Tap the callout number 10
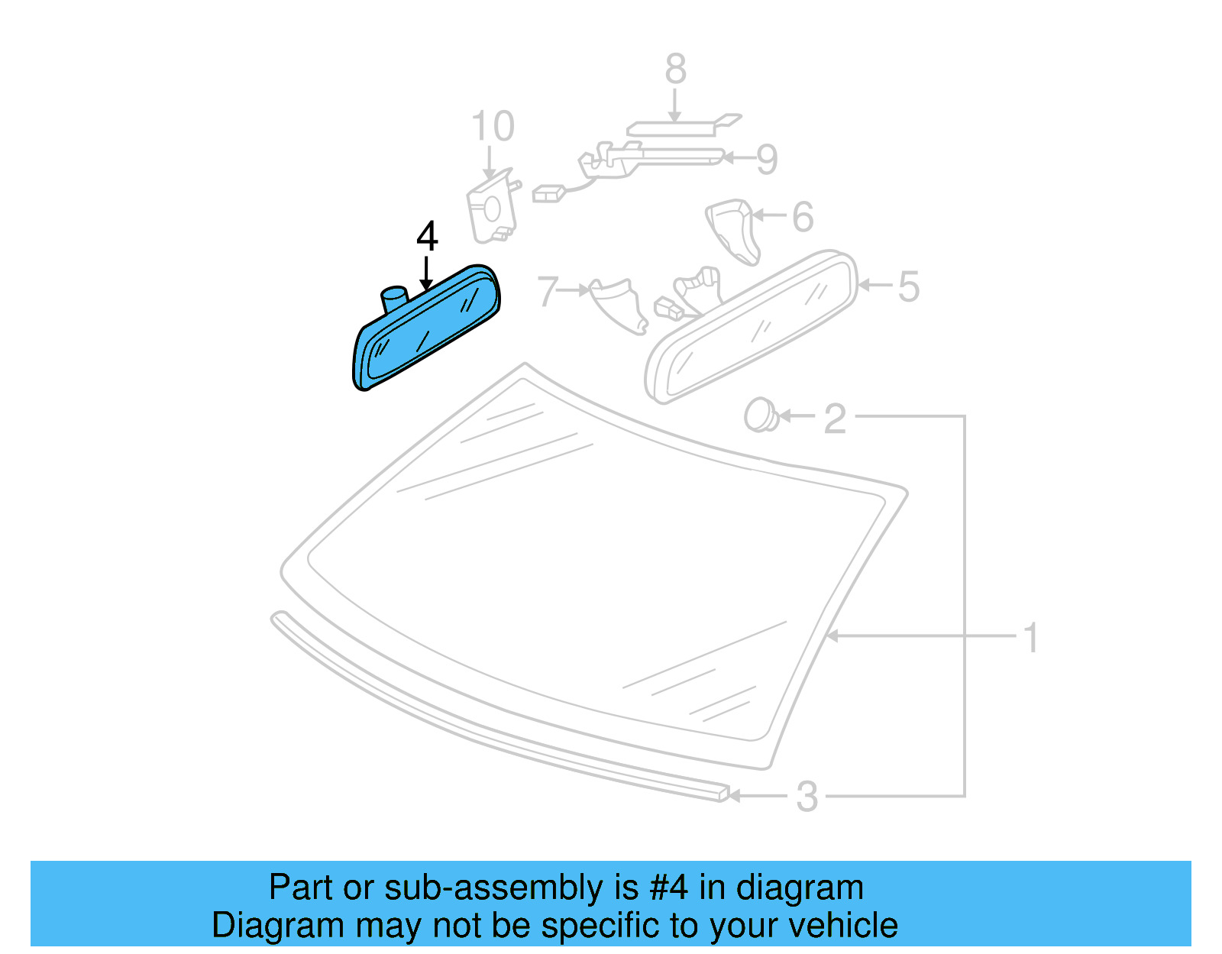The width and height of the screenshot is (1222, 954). (493, 126)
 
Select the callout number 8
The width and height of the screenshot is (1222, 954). (675, 69)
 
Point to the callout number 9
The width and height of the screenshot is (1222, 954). (767, 159)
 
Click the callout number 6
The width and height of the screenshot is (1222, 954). (802, 217)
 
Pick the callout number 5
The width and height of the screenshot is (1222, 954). (908, 286)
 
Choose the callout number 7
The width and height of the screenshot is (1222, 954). (548, 291)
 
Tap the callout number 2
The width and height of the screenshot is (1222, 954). (835, 419)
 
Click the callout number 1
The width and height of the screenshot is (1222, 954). (1031, 638)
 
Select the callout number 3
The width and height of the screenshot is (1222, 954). (807, 797)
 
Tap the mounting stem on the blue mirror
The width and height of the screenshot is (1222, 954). (395, 298)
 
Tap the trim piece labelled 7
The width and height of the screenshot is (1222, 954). (619, 304)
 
